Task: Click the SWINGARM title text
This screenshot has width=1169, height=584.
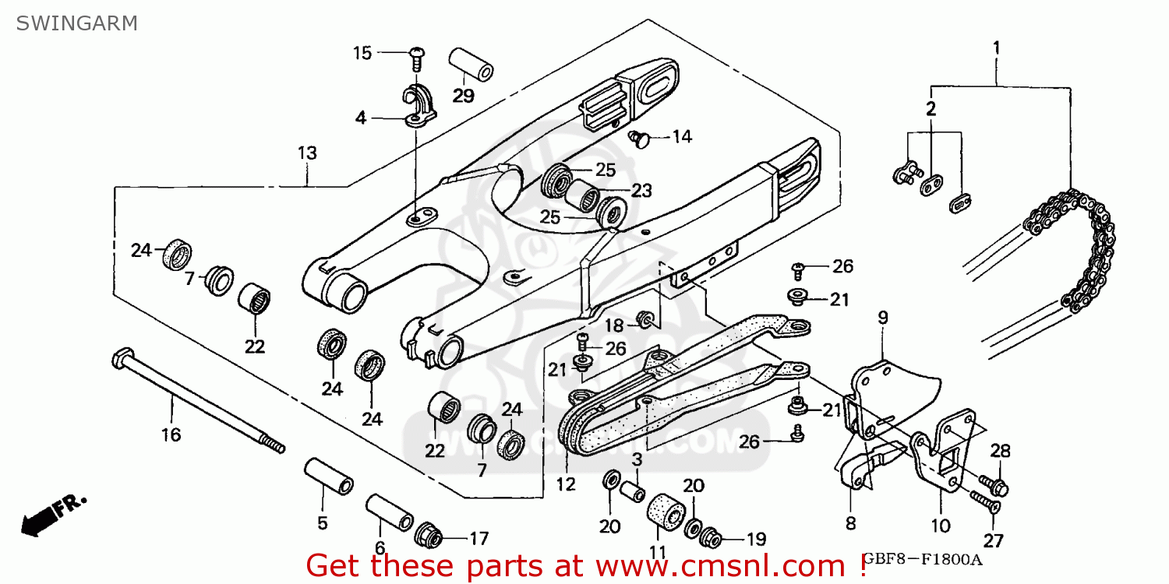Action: tap(76, 23)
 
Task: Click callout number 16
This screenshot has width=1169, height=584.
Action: tap(171, 434)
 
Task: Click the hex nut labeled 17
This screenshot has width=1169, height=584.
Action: tap(429, 536)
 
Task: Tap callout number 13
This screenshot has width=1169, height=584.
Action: tap(307, 153)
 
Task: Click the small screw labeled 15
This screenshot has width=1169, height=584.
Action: tap(417, 55)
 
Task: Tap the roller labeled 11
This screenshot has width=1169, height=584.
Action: tap(665, 515)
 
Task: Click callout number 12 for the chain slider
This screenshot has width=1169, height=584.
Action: tap(566, 484)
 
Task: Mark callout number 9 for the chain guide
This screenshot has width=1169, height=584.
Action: tap(882, 317)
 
